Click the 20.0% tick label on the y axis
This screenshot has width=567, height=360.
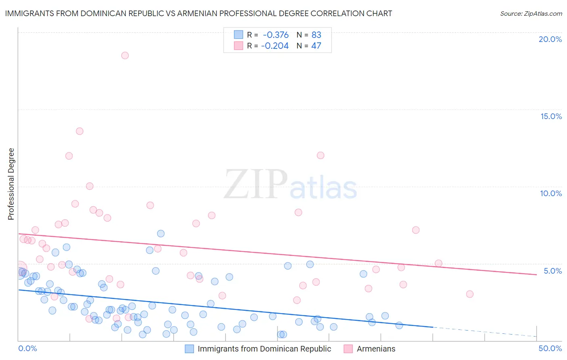point(550,39)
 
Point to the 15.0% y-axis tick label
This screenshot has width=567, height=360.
point(551,116)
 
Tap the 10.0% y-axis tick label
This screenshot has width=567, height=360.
point(551,193)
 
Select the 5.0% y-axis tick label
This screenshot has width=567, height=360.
point(552,271)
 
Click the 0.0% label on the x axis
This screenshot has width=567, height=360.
point(27,348)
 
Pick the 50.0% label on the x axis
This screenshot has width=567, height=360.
point(550,348)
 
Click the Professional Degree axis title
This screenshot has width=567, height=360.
point(11,184)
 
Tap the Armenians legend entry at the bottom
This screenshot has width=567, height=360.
point(376,349)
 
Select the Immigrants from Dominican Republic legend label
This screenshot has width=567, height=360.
point(264,349)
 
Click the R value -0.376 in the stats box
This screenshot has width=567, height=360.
point(275,35)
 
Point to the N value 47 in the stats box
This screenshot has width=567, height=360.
point(316,46)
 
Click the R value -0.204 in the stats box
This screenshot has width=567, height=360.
point(275,46)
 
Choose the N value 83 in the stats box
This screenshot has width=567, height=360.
point(316,35)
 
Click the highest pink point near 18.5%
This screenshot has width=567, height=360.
point(125,56)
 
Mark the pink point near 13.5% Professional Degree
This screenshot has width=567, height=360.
point(79,131)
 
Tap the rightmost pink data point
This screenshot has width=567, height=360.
point(469,294)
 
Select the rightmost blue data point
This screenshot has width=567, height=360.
point(399,325)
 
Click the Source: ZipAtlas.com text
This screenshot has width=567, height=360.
point(531,14)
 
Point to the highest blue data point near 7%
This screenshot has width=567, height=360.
point(161,234)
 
